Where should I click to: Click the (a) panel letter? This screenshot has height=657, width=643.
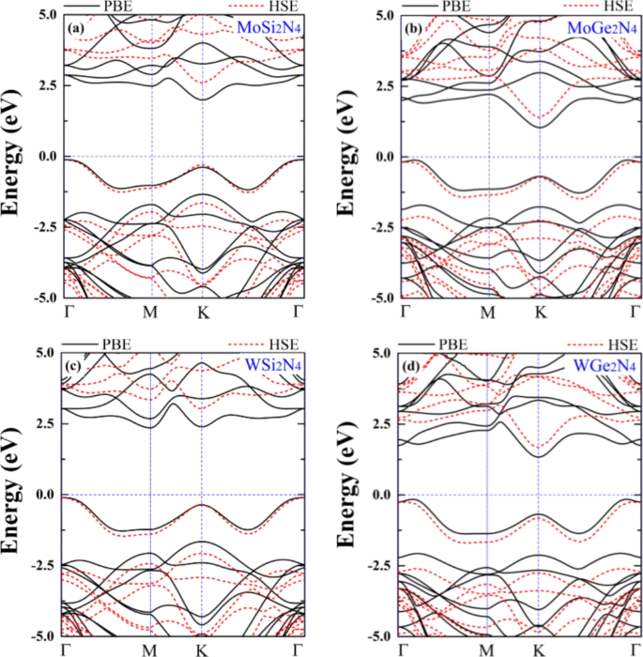pyautogui.click(x=73, y=28)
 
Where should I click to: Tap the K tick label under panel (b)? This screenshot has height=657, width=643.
pyautogui.click(x=540, y=312)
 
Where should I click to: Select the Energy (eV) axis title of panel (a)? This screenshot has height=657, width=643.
pyautogui.click(x=14, y=157)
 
